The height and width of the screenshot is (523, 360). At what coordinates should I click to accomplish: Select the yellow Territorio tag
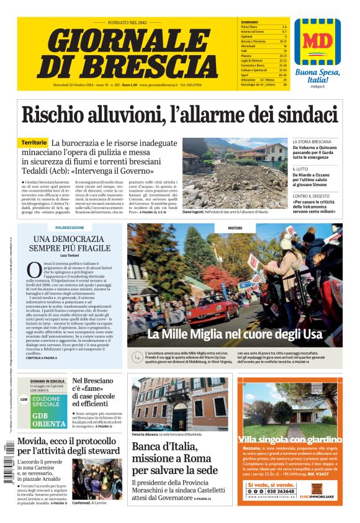tap(33, 143)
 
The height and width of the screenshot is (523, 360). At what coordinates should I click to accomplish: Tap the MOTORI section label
tap(235, 228)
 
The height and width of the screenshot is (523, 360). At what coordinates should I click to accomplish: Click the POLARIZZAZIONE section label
tap(69, 228)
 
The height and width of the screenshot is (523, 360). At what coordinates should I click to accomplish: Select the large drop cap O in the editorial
tap(34, 270)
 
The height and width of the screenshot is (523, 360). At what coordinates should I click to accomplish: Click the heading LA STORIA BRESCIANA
tap(313, 142)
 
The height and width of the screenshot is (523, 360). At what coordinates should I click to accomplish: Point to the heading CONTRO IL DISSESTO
tap(312, 196)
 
